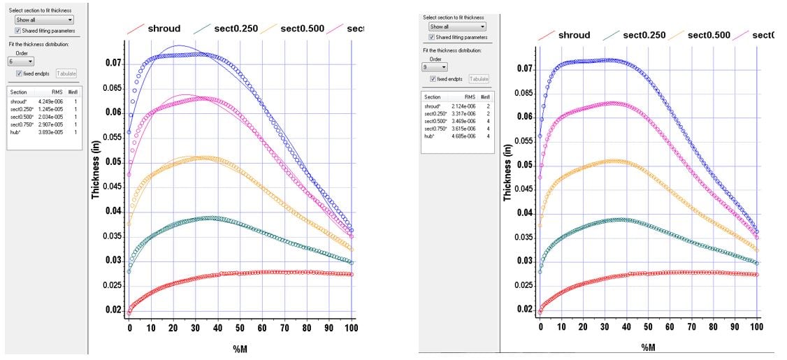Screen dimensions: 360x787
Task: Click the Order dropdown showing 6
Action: click(21, 62)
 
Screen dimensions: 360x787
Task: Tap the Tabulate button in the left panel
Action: click(66, 73)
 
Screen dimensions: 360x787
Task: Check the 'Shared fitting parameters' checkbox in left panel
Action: click(19, 31)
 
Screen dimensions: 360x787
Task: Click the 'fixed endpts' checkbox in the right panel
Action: click(434, 79)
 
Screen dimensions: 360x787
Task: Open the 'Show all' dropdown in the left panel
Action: click(44, 20)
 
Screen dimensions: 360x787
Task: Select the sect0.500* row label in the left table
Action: click(20, 117)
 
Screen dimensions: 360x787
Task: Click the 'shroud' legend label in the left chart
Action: click(164, 29)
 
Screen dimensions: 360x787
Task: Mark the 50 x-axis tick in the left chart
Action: click(240, 327)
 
